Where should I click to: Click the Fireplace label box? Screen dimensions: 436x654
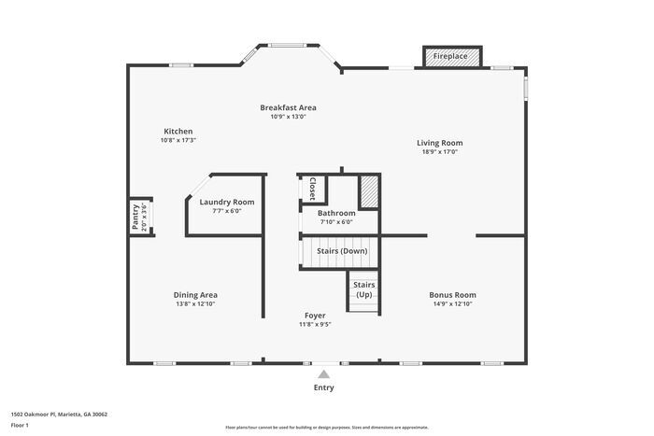(x=450, y=57)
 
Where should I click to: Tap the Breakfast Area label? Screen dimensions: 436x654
(x=288, y=107)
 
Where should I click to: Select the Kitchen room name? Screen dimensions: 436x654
(x=178, y=131)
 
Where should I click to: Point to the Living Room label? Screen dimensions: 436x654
(x=439, y=143)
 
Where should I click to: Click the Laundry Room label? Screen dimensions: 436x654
(x=226, y=202)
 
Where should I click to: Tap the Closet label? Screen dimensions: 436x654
(x=312, y=189)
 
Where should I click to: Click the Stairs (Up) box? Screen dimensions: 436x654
(x=363, y=289)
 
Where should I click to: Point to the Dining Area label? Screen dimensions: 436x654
(x=196, y=295)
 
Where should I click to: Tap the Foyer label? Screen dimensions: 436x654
(x=315, y=316)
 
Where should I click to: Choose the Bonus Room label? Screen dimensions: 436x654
(x=452, y=295)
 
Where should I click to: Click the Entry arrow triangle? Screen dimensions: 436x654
(x=323, y=373)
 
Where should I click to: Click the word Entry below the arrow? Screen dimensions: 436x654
(x=323, y=387)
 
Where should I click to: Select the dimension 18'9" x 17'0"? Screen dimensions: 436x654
(x=439, y=152)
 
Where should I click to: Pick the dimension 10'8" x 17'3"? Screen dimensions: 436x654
(x=178, y=140)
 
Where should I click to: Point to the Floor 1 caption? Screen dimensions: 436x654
(x=20, y=425)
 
